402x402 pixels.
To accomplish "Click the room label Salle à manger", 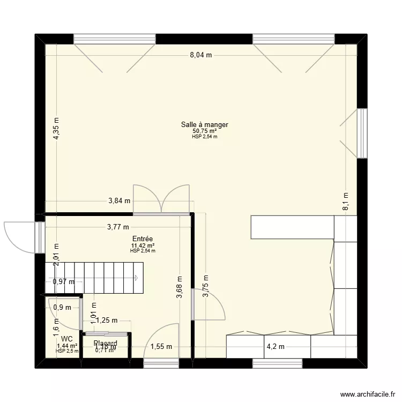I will [204, 125].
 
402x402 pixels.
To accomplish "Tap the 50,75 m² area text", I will [204, 131].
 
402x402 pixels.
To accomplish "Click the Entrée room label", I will [143, 239].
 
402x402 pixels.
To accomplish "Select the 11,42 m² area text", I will [143, 246].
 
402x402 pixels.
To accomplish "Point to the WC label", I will [67, 339].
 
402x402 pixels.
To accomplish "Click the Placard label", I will [105, 343].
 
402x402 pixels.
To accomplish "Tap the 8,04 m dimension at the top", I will [201, 55].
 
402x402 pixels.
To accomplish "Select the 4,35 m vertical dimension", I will [57, 129].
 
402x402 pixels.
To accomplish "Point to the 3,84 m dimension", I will [120, 201].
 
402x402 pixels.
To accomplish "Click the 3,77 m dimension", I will [118, 227].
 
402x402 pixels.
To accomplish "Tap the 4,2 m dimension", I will [277, 346].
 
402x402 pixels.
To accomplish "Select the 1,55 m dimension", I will [161, 346].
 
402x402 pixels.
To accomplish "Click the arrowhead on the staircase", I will [137, 278].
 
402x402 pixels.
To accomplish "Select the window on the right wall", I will [362, 133].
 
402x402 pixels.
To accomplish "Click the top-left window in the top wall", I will [114, 39].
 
